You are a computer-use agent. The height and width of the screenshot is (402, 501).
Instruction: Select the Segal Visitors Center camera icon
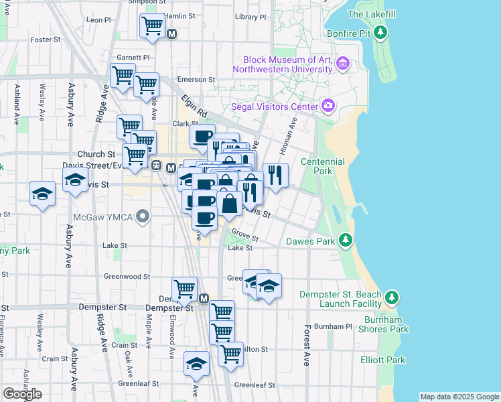tap(328, 105)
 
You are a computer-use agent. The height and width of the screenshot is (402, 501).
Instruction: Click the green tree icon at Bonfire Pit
tap(380, 32)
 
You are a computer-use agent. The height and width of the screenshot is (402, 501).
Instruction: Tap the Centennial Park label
tap(322, 166)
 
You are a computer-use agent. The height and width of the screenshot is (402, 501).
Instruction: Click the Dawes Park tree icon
tap(345, 240)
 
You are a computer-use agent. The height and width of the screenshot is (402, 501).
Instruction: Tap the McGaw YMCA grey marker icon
tap(141, 216)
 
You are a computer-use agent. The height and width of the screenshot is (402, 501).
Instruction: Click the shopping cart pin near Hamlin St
tap(152, 26)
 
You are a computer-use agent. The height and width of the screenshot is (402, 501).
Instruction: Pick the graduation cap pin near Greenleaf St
tap(196, 363)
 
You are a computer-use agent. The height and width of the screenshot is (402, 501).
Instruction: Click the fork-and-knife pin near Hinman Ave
tap(275, 176)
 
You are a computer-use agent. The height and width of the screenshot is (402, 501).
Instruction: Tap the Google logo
tap(22, 394)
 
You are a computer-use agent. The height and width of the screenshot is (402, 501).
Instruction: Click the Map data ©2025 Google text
tap(459, 397)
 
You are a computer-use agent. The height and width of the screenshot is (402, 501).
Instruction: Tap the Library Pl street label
tap(251, 17)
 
